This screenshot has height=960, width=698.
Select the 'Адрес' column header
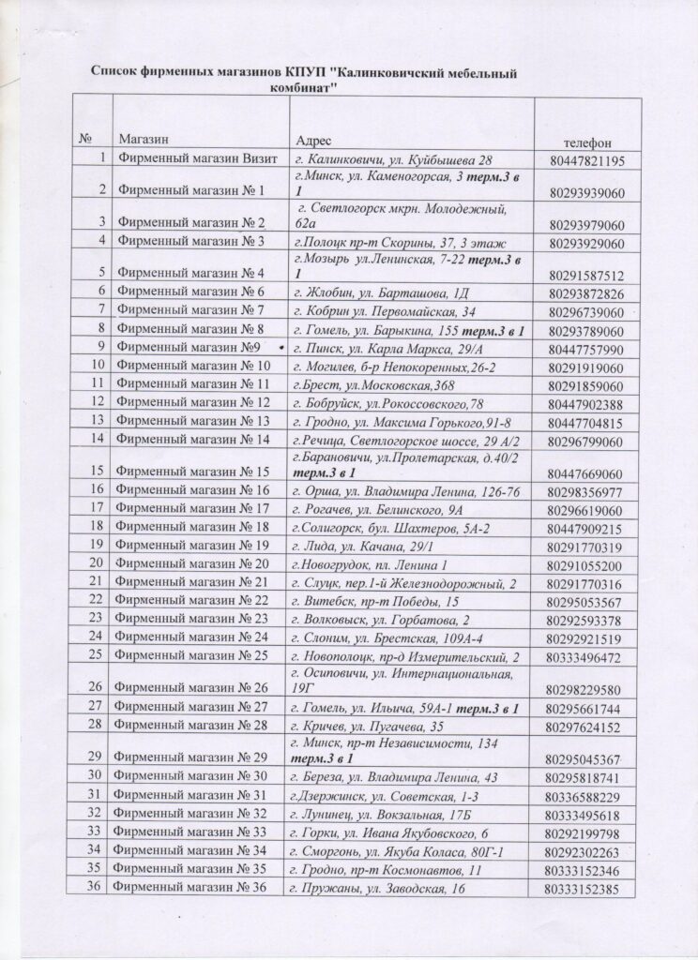pos(311,140)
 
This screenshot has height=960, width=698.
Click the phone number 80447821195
pos(584,161)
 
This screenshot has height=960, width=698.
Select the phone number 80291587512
pos(584,276)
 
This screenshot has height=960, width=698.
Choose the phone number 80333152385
pos(584,889)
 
